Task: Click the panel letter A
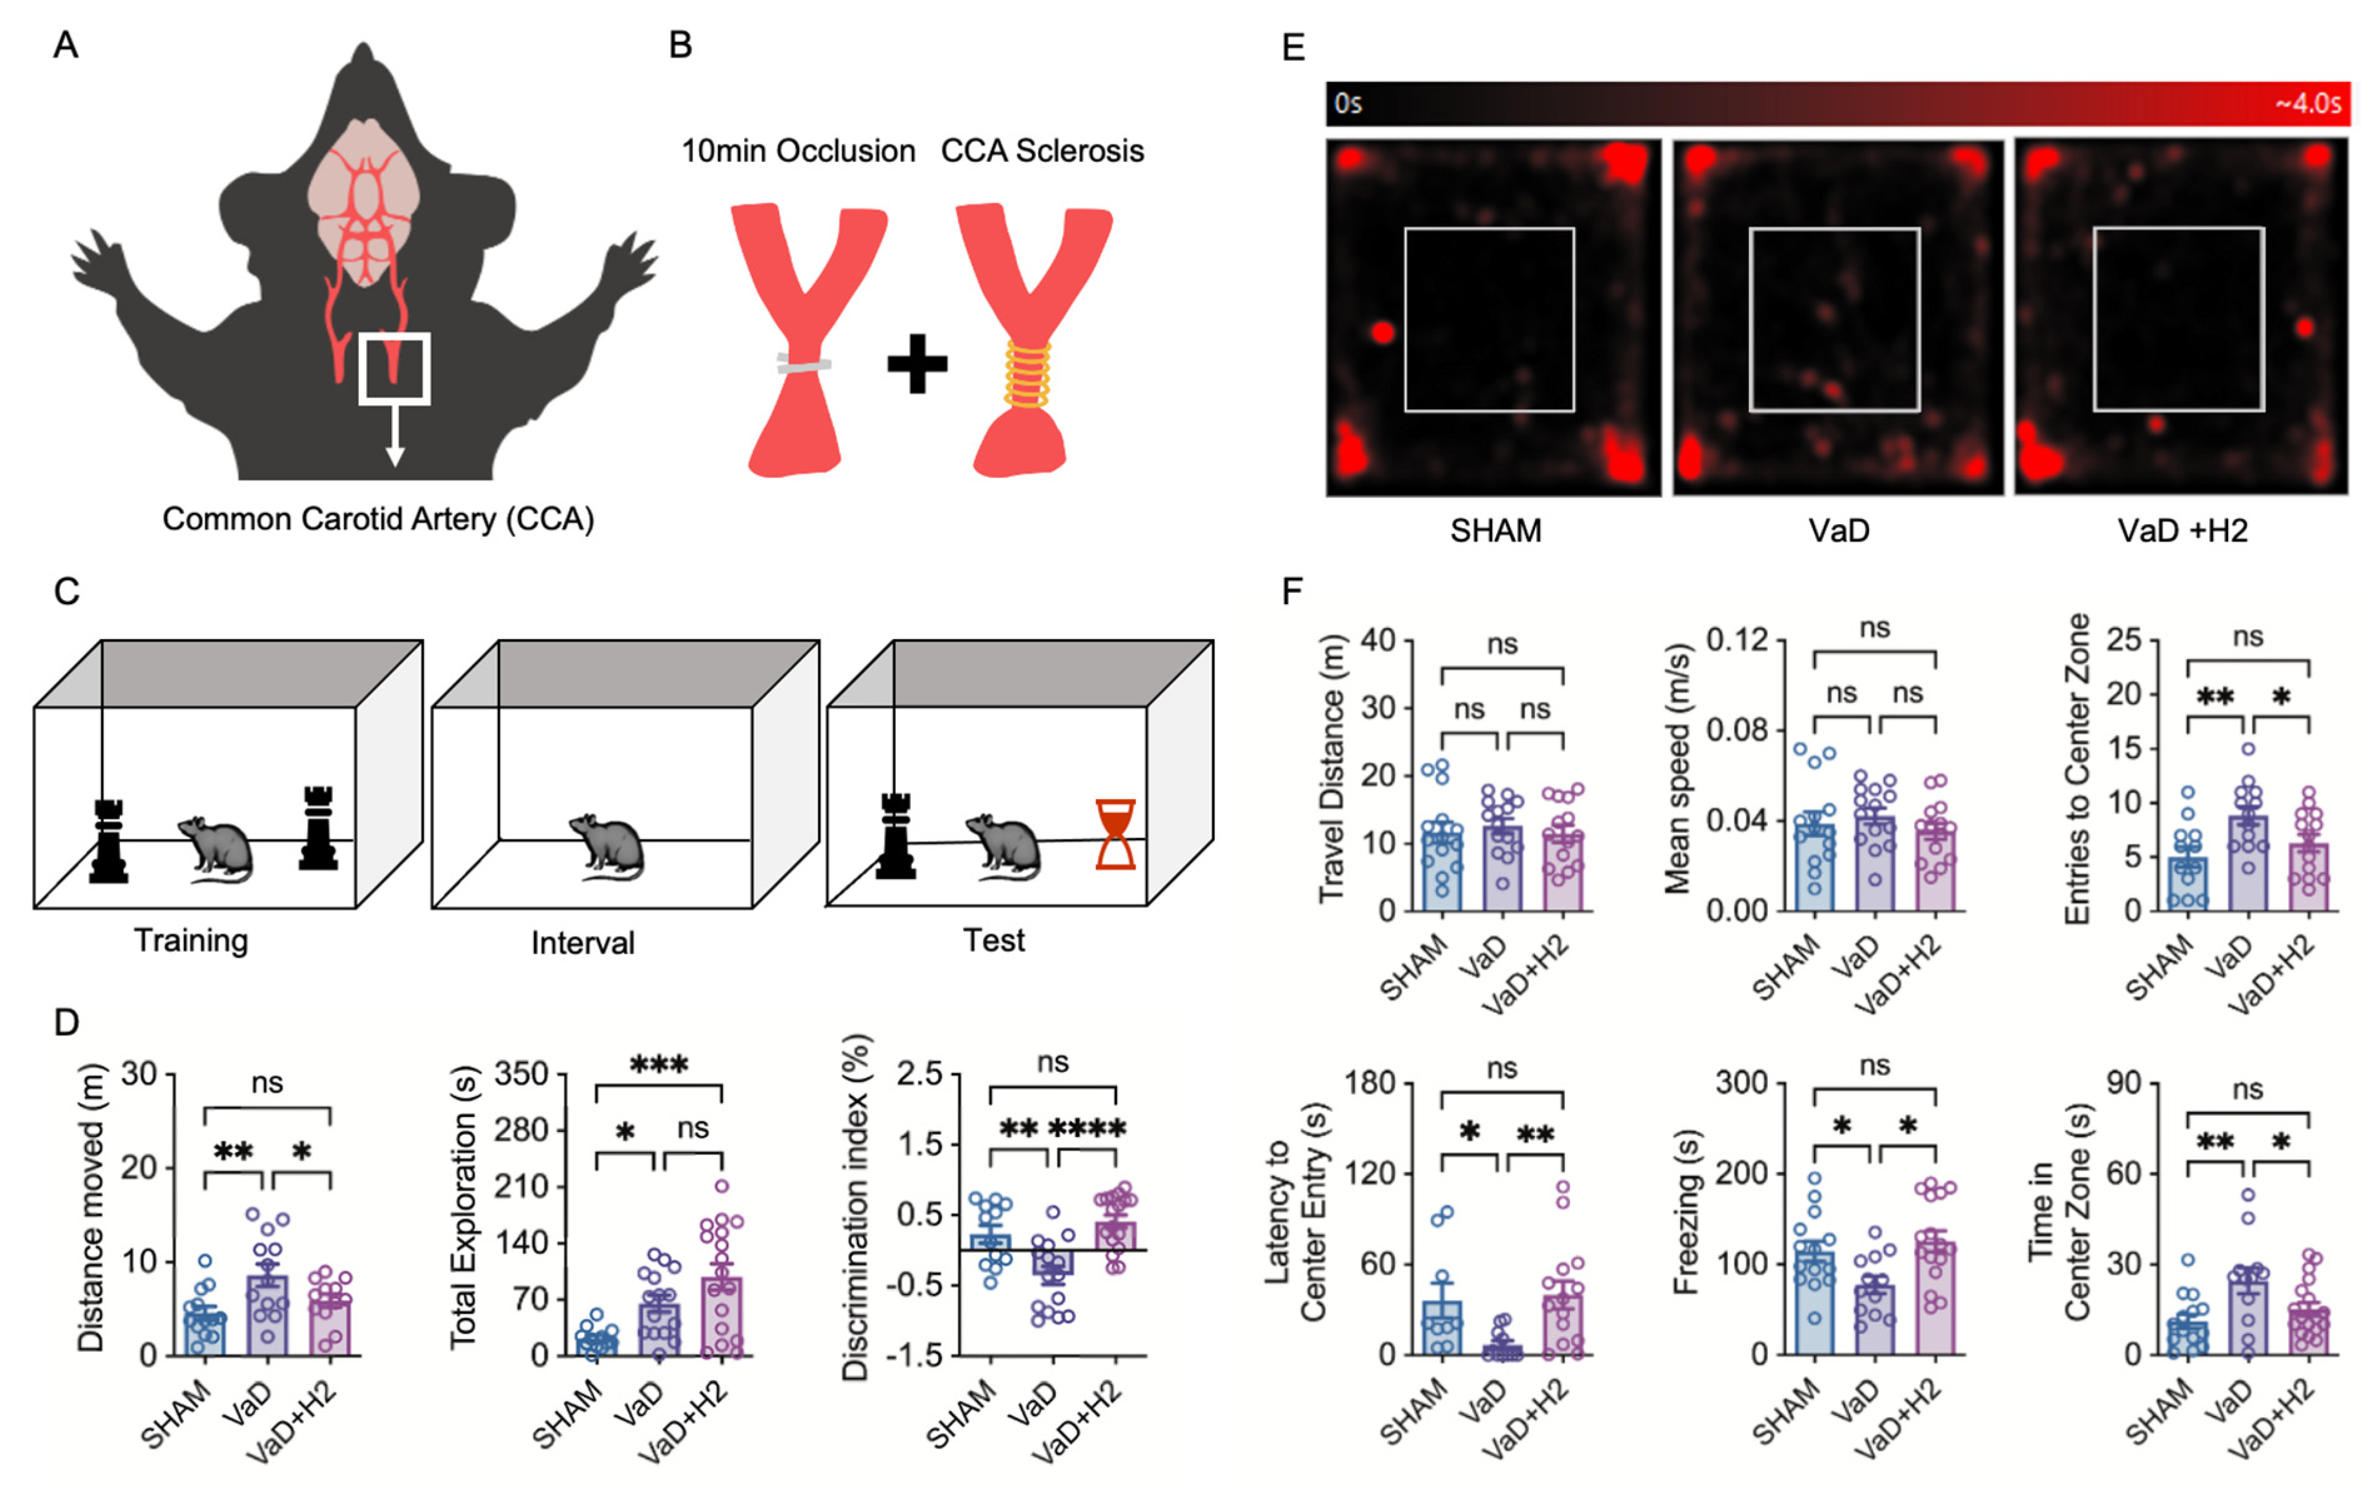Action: (65, 46)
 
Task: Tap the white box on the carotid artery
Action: (393, 369)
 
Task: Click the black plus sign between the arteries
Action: (917, 364)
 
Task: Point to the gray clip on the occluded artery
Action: (804, 364)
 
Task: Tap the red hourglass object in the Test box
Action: (1115, 834)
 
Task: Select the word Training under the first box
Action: (191, 940)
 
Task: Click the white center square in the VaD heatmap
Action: (1835, 320)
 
